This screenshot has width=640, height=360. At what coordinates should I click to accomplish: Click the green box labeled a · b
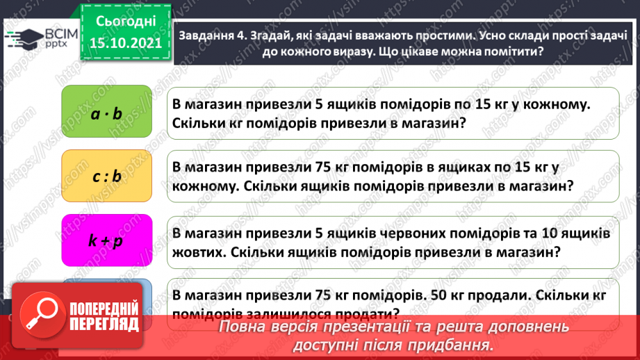click(106, 113)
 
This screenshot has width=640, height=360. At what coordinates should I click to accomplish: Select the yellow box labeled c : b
click(106, 177)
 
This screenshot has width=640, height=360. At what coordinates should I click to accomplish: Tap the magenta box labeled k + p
click(106, 240)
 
